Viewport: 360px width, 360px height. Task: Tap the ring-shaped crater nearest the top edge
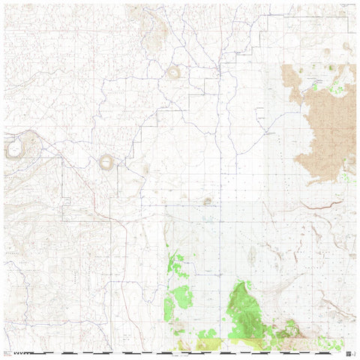click(174, 72)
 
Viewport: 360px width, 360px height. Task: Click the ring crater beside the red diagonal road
click(106, 162)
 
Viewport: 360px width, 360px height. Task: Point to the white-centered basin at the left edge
click(14, 148)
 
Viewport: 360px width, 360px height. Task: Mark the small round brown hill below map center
click(208, 201)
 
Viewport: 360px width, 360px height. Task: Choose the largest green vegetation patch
click(243, 311)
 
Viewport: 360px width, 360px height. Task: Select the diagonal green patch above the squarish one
click(176, 264)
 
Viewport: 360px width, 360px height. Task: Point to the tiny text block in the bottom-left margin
click(7, 350)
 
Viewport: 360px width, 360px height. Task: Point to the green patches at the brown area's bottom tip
click(346, 178)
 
